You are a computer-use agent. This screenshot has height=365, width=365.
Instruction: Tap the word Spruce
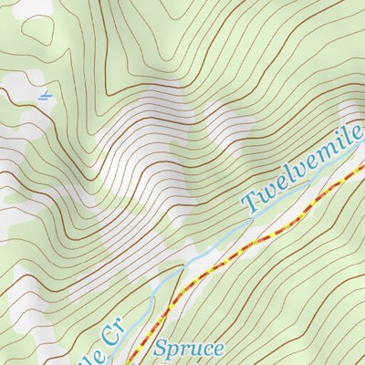pos(189,348)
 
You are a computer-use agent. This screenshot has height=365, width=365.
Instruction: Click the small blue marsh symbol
pos(45,95)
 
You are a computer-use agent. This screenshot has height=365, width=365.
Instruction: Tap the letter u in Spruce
pos(195,349)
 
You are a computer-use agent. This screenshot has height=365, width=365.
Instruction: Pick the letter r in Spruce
pos(185,349)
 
